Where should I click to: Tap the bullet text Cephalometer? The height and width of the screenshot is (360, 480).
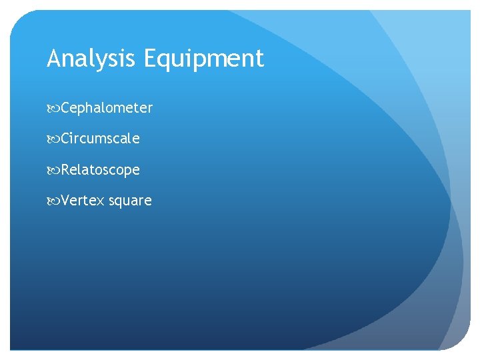107,108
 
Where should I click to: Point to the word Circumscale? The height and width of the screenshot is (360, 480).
100,139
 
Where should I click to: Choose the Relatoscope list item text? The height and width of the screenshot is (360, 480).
100,170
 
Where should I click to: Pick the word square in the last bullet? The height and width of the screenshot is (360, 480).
131,201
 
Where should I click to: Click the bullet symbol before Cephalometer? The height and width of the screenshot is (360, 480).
53,108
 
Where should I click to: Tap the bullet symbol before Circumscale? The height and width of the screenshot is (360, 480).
53,139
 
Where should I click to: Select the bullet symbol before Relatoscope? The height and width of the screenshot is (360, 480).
53,170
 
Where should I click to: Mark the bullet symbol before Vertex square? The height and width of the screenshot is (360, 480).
53,201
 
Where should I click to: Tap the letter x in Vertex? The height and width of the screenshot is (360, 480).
101,201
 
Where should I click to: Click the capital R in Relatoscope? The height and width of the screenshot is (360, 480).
65,170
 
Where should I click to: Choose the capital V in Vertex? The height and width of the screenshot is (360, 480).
65,201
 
